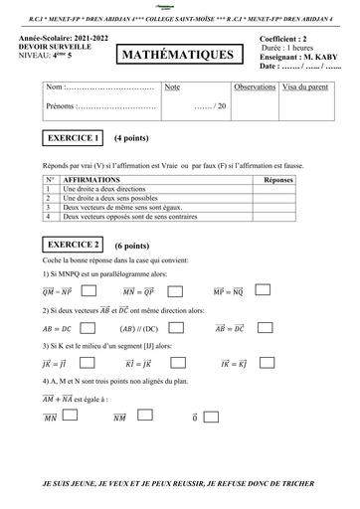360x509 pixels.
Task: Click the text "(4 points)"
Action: pos(132,138)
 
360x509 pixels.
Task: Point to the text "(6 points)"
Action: pos(132,245)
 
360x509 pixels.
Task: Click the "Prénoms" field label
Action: pos(61,104)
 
